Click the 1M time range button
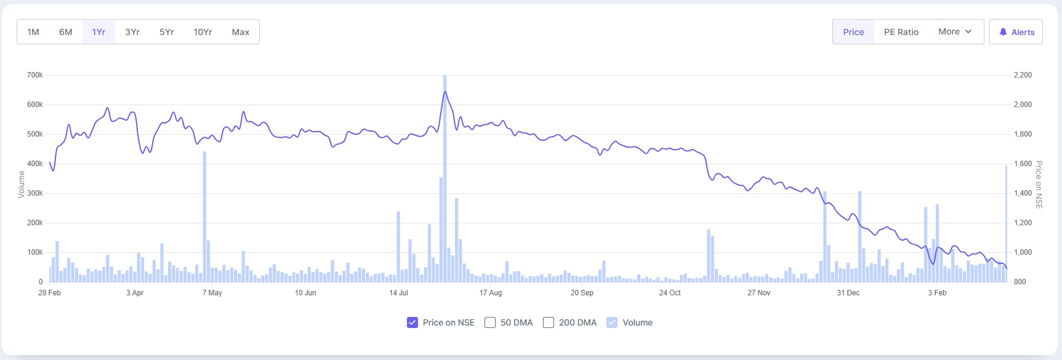pos(33,32)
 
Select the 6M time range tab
pos(66,32)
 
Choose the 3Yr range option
pos(132,32)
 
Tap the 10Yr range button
pos(203,32)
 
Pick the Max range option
pos(241,32)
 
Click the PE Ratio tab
pos(901,32)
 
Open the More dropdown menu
pos(954,32)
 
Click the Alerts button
pos(1016,32)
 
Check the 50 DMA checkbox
pos(490,322)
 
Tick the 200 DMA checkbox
pos(549,322)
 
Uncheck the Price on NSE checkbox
pos(412,322)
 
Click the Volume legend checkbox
pos(612,322)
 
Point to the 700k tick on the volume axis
pos(35,75)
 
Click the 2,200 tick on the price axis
pos(1023,75)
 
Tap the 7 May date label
pos(212,293)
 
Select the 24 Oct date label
pos(670,293)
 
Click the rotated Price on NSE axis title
pos(1039,185)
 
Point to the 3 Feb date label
pos(937,293)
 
